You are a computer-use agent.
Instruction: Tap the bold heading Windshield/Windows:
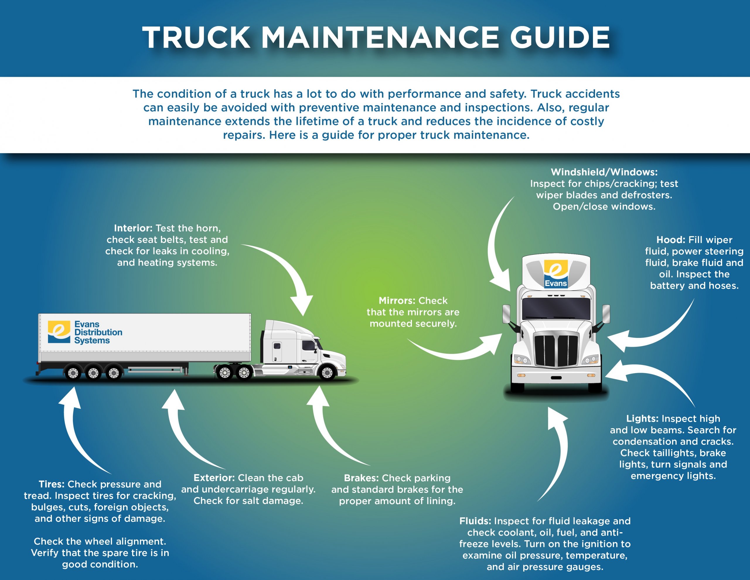click(604, 172)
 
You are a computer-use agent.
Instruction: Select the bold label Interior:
click(133, 228)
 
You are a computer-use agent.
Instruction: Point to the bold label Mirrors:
click(397, 301)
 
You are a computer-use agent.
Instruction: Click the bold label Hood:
click(671, 240)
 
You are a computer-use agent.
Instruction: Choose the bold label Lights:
click(642, 419)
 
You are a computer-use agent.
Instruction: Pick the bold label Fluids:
click(475, 521)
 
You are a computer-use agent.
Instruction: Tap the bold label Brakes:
click(361, 478)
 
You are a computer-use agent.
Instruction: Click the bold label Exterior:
click(214, 478)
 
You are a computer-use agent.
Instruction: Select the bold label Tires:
click(52, 484)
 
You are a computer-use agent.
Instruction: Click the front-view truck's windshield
click(556, 308)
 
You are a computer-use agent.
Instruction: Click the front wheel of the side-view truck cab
click(327, 373)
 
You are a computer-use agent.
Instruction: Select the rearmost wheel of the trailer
click(73, 373)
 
